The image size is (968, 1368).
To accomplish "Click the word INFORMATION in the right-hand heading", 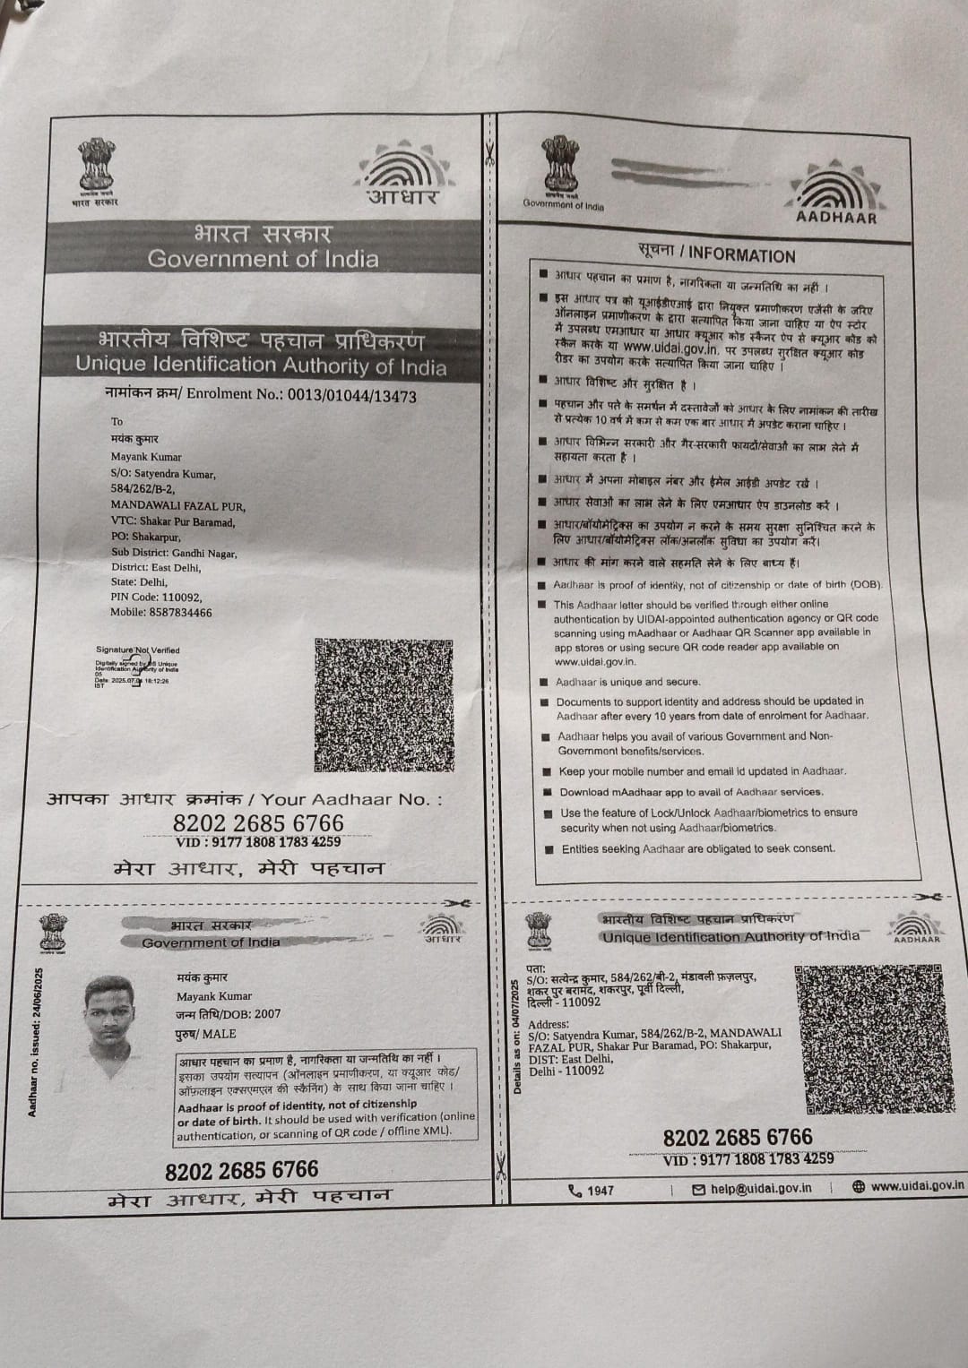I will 742,255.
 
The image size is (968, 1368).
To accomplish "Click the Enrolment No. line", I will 260,395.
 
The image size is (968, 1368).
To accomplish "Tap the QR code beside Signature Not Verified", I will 385,704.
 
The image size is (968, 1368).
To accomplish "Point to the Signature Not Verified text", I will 137,650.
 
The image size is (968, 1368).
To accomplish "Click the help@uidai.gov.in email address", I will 761,1188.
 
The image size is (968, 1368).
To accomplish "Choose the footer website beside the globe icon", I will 917,1185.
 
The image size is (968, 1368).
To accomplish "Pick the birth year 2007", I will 267,1014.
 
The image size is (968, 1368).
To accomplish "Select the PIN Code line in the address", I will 156,597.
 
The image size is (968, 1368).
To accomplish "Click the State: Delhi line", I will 139,581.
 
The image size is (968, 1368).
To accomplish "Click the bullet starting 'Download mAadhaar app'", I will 690,792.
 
